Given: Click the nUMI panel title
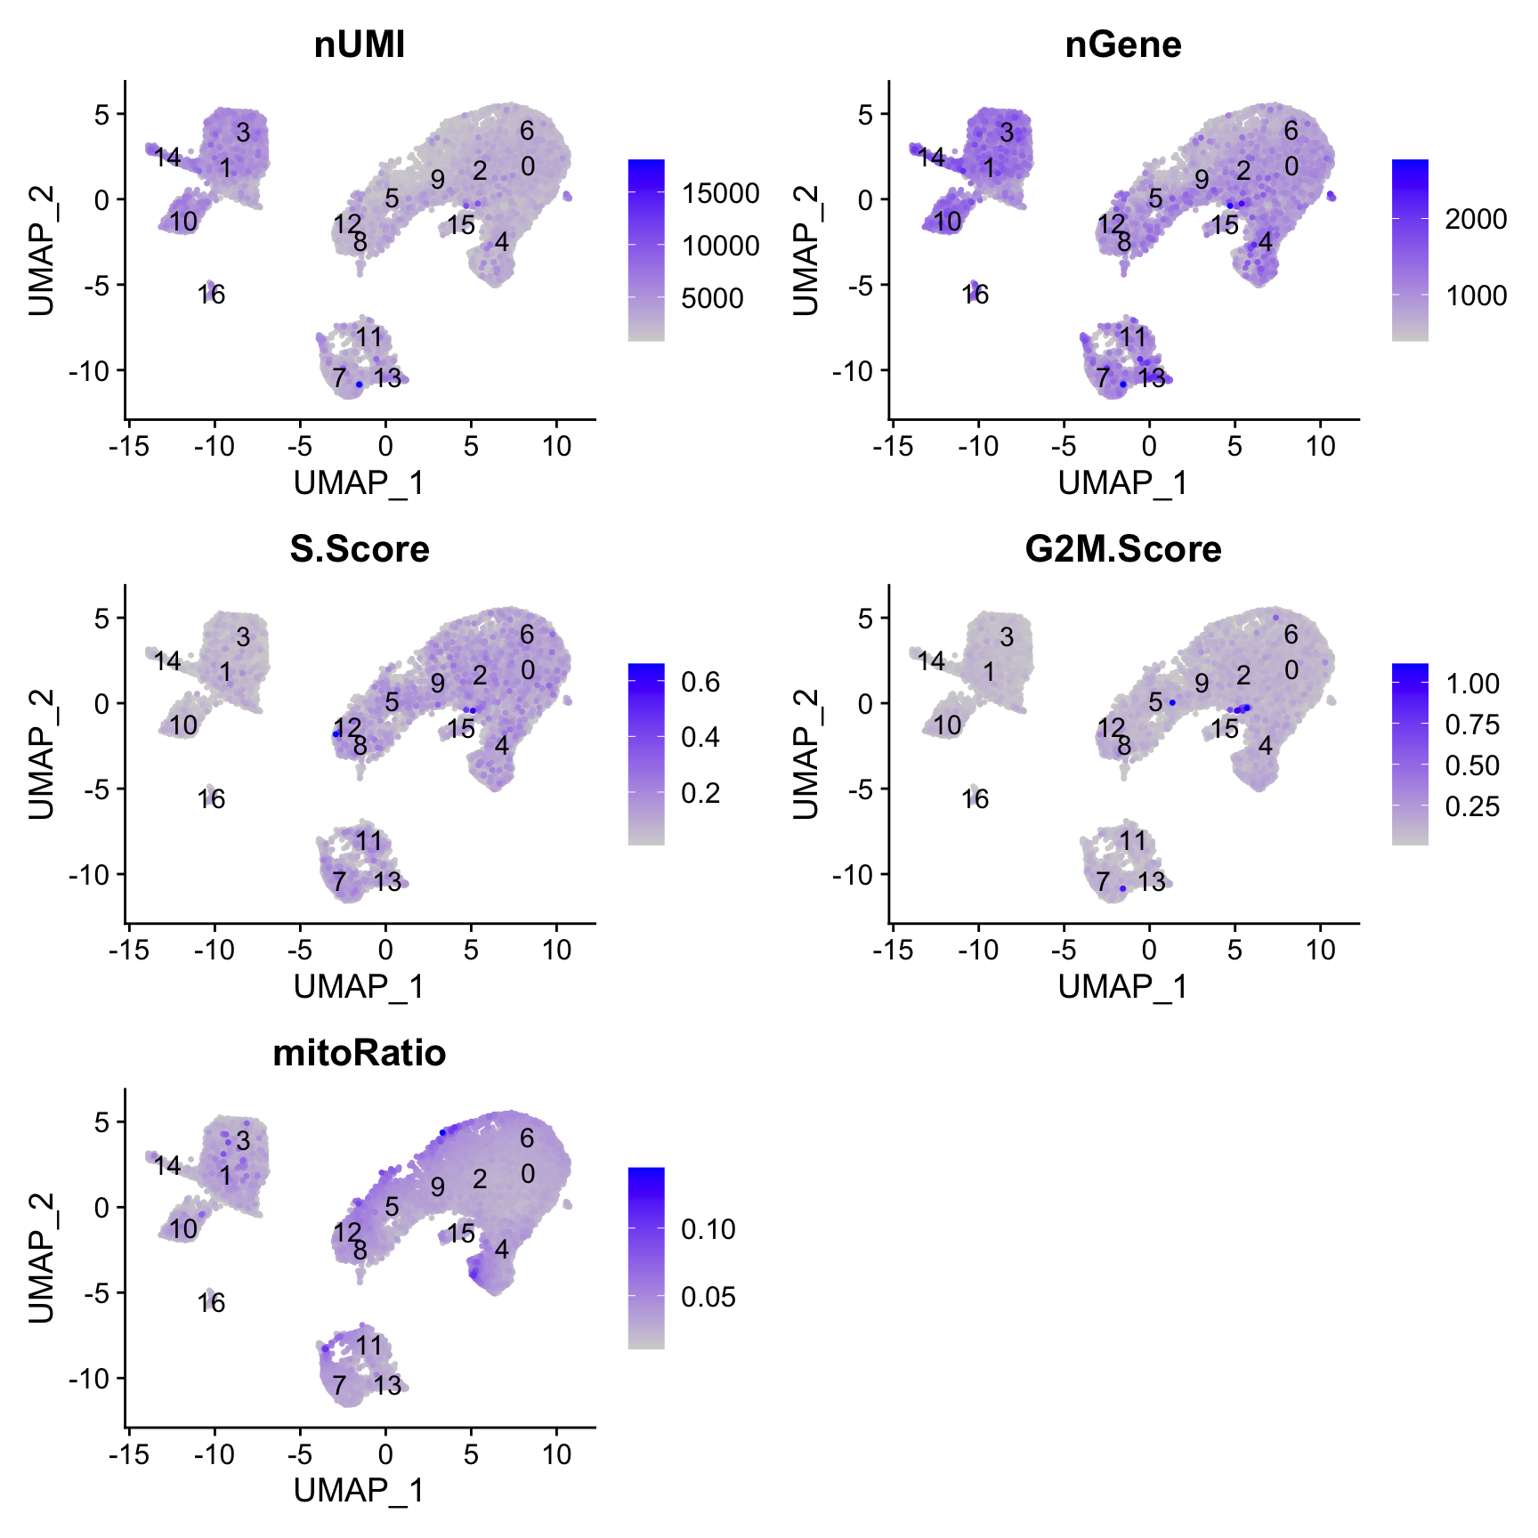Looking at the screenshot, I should tap(360, 45).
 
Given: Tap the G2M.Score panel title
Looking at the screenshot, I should tap(1123, 549).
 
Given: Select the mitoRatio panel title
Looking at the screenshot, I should tap(360, 1053).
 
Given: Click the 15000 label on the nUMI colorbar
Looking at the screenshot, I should tap(721, 193).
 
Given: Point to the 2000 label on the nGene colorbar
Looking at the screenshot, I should tap(1476, 219).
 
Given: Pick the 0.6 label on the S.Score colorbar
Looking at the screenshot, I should tap(700, 683).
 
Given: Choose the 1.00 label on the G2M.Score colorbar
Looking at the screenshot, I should tap(1473, 684).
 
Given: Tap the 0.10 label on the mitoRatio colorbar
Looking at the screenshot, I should tap(708, 1229).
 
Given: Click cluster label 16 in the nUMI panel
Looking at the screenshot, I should tap(212, 294).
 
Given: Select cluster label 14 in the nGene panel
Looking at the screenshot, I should tap(931, 158).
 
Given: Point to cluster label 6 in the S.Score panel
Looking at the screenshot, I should tap(527, 635).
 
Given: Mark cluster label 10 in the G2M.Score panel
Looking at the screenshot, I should tap(948, 725).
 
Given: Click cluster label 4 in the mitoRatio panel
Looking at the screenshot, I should tap(502, 1250).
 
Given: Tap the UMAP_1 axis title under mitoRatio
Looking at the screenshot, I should tap(360, 1490).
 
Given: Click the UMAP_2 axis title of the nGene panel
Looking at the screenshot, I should tap(805, 250).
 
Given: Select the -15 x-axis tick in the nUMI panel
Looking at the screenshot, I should tap(128, 446).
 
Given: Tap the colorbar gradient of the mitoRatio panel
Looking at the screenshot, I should tap(646, 1258).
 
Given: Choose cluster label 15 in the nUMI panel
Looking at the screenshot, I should tap(461, 224).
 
